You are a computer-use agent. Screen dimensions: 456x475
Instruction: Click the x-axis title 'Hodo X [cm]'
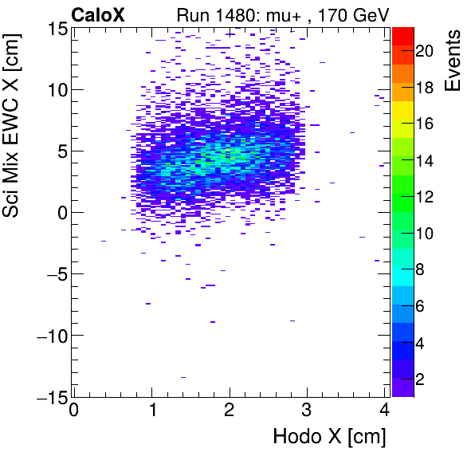coord(329,436)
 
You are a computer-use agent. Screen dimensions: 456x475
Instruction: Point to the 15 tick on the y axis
coord(56,29)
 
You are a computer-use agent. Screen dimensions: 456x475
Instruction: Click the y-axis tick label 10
coord(56,90)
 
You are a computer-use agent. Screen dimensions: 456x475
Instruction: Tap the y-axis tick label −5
coord(53,274)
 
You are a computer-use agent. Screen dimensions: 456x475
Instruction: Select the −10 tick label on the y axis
coord(49,336)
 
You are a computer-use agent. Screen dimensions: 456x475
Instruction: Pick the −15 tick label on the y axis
coord(49,396)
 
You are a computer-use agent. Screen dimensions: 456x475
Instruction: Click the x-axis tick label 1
coord(151,411)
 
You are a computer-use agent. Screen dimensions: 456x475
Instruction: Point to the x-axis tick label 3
coord(307,411)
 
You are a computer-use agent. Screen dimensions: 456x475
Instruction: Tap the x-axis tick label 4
coord(384,411)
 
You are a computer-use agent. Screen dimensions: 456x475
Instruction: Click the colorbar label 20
coord(424,51)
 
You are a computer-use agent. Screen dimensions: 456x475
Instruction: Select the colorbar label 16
coord(424,124)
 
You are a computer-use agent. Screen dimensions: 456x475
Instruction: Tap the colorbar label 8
coord(420,271)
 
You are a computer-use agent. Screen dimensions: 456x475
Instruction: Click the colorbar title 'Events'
coord(454,61)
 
